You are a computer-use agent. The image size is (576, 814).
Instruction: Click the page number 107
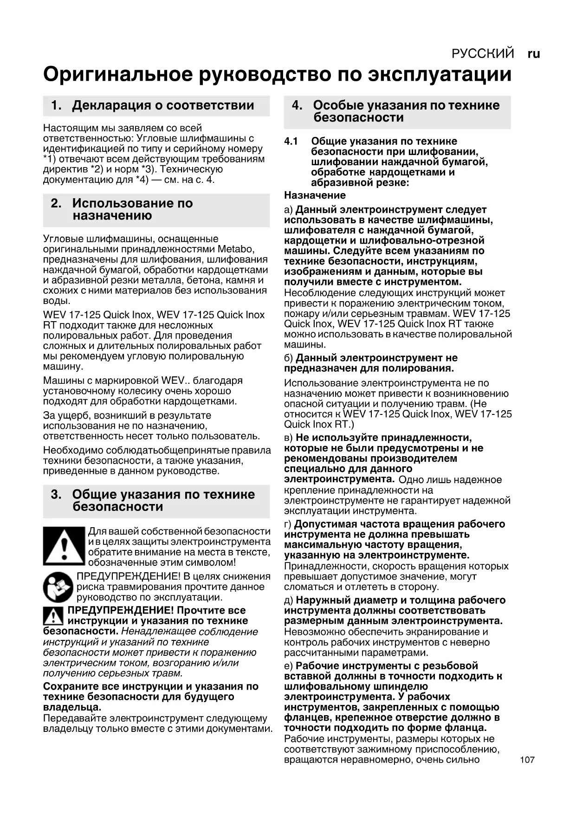click(x=527, y=760)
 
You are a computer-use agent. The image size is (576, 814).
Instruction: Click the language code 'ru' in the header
click(x=534, y=54)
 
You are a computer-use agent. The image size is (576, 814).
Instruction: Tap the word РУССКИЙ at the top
click(x=483, y=54)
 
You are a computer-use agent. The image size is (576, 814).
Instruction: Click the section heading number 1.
click(x=56, y=106)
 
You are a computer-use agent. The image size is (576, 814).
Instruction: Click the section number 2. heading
click(x=56, y=203)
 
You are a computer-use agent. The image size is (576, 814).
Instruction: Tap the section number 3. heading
click(x=56, y=495)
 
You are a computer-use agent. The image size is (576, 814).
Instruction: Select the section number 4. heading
click(x=297, y=105)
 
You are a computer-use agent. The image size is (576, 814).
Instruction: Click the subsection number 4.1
click(x=291, y=142)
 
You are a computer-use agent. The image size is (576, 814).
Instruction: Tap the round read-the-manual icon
click(x=58, y=587)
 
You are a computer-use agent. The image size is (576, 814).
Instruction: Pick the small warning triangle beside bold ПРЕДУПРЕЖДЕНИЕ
click(x=53, y=616)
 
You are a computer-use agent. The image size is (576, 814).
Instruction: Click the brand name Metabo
click(x=236, y=249)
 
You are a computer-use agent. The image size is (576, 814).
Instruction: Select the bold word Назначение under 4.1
click(x=315, y=195)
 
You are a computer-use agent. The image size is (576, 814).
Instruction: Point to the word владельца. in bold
click(x=72, y=707)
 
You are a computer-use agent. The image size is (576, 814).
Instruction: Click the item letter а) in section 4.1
click(x=289, y=210)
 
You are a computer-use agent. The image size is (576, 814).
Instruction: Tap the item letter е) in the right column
click(x=289, y=666)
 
